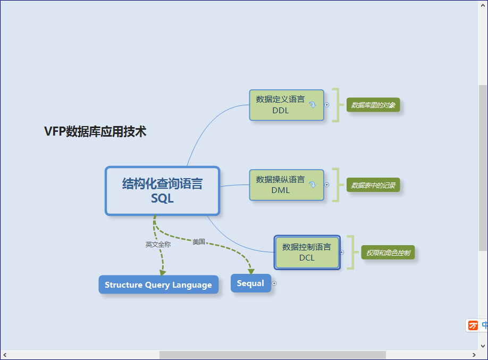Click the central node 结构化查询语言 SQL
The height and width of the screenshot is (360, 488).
coord(163,191)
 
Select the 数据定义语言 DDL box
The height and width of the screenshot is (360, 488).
coord(287,105)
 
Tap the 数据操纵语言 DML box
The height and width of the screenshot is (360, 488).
coord(287,185)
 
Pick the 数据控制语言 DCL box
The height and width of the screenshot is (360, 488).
coord(307,252)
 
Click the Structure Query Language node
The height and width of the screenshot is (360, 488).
coord(158,284)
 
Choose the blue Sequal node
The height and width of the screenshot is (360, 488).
coord(251,283)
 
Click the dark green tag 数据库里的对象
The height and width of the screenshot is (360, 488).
coord(373,105)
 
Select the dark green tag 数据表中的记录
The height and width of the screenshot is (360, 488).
coord(373,185)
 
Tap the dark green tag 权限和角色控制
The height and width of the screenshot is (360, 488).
coord(388,253)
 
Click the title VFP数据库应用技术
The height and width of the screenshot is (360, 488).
coord(95,131)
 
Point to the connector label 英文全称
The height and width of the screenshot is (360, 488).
coord(158,245)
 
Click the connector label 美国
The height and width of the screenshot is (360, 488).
coord(199,241)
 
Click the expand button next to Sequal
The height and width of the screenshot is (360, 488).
coord(274,283)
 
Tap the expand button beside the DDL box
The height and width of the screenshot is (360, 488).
coord(327,105)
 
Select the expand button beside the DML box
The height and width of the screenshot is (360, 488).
coord(327,185)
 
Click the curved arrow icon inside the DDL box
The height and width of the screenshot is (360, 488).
coord(313,105)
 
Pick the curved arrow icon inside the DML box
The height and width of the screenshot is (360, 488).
coord(313,185)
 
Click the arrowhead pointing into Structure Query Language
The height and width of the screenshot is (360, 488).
coord(163,273)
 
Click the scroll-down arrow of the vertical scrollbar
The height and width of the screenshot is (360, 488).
coord(483,346)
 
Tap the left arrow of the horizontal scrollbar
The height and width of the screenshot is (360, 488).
coord(5,355)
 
